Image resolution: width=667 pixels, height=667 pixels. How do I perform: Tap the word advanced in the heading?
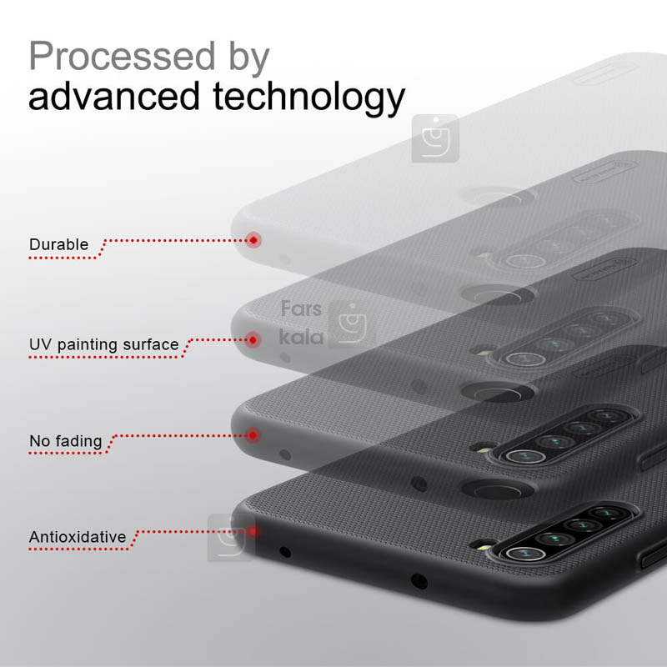pyautogui.click(x=113, y=96)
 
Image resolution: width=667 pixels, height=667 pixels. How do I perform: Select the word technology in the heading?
pyautogui.click(x=308, y=99)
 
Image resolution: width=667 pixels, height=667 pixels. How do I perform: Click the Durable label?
pyautogui.click(x=58, y=244)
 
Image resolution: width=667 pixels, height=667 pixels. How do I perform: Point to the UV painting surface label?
pyautogui.click(x=103, y=344)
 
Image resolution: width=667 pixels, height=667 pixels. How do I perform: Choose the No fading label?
pyautogui.click(x=66, y=441)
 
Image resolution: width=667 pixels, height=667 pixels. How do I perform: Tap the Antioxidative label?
pyautogui.click(x=78, y=537)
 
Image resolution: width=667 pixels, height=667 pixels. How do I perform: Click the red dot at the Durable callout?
pyautogui.click(x=253, y=240)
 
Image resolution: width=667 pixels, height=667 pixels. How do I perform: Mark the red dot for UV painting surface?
pyautogui.click(x=253, y=340)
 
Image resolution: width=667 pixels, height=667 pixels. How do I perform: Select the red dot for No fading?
pyautogui.click(x=253, y=435)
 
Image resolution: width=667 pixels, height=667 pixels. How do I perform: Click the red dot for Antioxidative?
pyautogui.click(x=253, y=531)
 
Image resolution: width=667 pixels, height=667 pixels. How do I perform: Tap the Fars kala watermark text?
pyautogui.click(x=302, y=323)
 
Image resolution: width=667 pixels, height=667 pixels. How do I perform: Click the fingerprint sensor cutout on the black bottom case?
pyautogui.click(x=498, y=489)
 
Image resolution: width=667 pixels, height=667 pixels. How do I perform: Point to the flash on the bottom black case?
pyautogui.click(x=484, y=547)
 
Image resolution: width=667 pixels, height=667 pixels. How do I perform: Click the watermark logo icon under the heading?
pyautogui.click(x=435, y=138)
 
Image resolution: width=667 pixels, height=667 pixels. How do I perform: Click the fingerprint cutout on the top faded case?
pyautogui.click(x=498, y=197)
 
